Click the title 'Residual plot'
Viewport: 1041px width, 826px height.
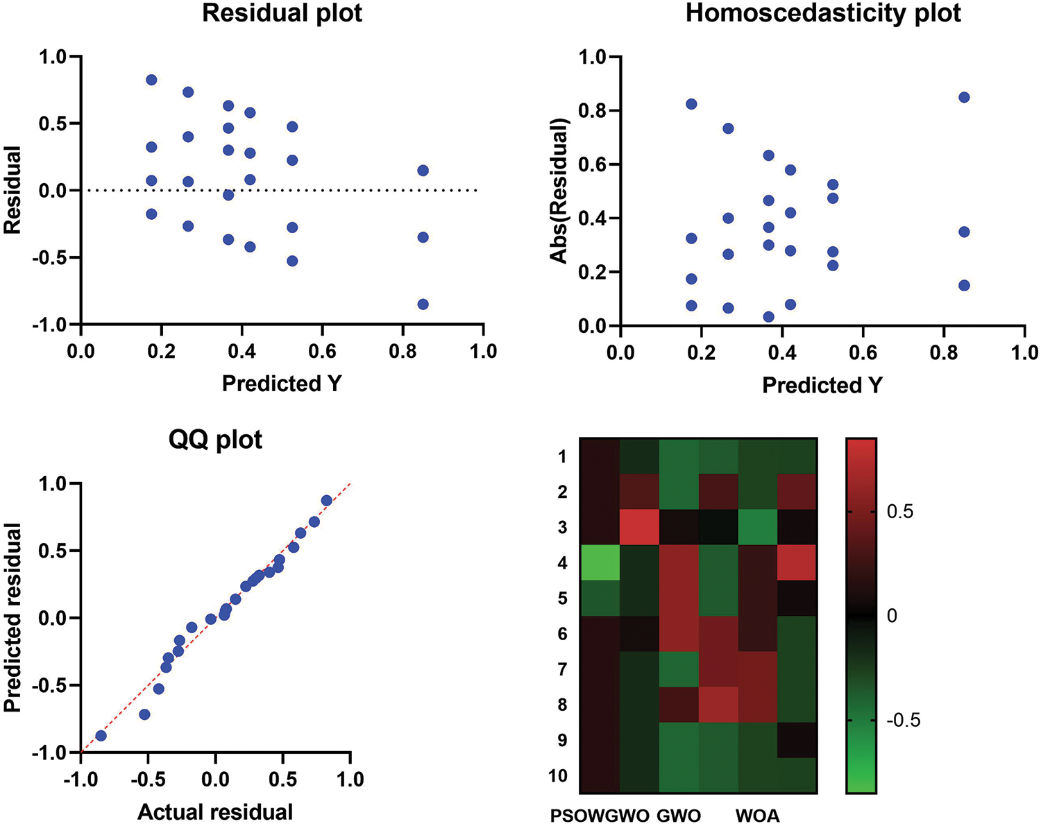tap(282, 14)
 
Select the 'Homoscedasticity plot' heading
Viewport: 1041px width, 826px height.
tap(823, 14)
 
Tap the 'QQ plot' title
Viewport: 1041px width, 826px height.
tap(215, 440)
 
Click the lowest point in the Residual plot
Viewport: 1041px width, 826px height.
tap(423, 304)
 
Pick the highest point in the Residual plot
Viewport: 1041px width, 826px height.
tap(151, 80)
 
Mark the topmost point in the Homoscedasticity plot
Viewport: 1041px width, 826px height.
tap(963, 97)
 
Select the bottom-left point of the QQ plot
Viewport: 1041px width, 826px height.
tap(101, 735)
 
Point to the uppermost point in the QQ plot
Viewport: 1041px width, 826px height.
tap(326, 500)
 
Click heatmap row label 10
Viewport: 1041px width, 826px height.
tap(557, 776)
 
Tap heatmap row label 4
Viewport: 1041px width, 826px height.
tap(562, 563)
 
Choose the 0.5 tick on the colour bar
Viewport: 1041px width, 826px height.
tap(899, 513)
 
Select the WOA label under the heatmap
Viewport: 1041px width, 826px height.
tap(757, 816)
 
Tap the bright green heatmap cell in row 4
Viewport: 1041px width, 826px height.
tap(600, 562)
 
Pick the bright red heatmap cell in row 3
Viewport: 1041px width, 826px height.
tap(639, 527)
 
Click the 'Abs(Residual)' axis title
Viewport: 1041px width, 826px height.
tap(559, 191)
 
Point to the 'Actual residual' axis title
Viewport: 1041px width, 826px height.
tap(215, 811)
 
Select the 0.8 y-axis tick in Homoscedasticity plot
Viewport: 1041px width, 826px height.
tap(593, 111)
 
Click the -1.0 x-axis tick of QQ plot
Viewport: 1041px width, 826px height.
tap(81, 780)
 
